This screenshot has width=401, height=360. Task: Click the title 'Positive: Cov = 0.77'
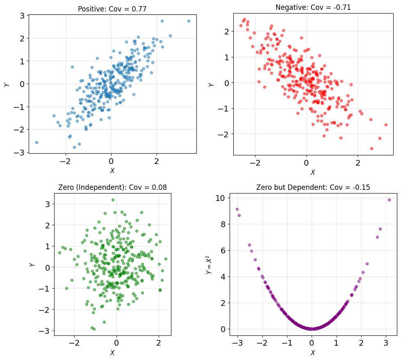[x=112, y=9]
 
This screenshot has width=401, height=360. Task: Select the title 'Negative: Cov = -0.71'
[x=313, y=7]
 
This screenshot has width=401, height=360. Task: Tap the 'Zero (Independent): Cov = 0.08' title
[x=112, y=187]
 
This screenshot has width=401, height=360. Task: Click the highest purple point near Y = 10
[x=389, y=200]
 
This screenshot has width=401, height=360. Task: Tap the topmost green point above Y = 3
[x=113, y=200]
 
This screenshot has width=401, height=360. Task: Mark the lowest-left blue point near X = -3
[x=36, y=142]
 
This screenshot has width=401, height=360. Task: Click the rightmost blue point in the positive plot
[x=189, y=21]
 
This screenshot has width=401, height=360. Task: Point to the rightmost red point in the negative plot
[x=386, y=125]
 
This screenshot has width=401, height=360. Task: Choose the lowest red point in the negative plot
[x=371, y=148]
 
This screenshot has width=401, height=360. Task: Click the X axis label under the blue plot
[x=112, y=171]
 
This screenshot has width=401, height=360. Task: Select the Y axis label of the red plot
[x=211, y=84]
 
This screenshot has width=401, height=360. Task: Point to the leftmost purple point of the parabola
[x=237, y=210]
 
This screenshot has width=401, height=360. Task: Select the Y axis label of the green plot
[x=32, y=264]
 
